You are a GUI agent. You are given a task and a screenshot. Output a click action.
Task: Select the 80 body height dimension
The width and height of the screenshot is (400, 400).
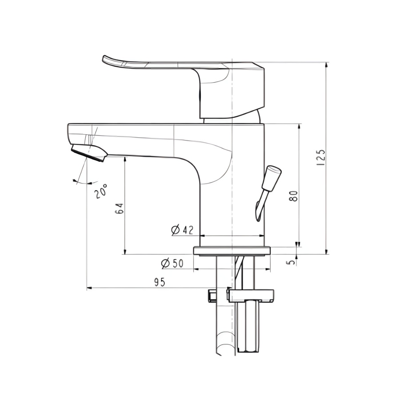(293, 195)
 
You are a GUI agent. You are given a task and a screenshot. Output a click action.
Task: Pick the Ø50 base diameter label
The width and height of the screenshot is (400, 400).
(172, 263)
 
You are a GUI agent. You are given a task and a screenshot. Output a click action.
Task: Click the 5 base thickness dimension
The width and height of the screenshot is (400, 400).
(291, 261)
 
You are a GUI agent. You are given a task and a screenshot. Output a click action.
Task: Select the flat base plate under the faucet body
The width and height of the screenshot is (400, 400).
(232, 250)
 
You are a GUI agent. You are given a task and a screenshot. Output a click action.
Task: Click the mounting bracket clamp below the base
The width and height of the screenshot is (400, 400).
(251, 295)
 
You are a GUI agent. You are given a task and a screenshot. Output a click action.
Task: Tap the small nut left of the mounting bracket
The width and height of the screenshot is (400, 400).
(212, 295)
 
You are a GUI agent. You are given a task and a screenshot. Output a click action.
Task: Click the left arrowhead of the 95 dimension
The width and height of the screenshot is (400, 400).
(88, 288)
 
